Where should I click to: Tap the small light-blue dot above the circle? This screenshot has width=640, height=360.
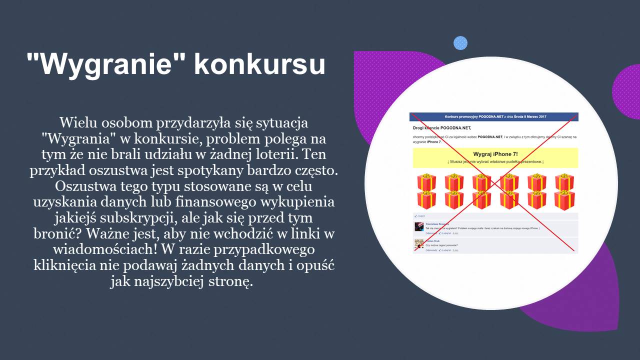click(x=460, y=43)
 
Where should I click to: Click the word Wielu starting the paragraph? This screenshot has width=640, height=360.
click(x=76, y=122)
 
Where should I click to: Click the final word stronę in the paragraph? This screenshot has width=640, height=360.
click(x=231, y=281)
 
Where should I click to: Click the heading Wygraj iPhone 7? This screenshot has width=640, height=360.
click(x=495, y=154)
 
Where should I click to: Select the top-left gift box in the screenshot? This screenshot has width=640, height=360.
click(x=426, y=182)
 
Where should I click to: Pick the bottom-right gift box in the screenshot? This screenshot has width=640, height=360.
click(x=564, y=199)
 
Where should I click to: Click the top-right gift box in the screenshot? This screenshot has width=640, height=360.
click(x=564, y=182)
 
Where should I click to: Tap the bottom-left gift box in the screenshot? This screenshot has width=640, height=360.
click(x=426, y=199)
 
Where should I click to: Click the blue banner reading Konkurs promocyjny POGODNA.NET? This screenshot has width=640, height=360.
click(x=494, y=116)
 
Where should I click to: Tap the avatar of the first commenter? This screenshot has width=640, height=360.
click(x=419, y=226)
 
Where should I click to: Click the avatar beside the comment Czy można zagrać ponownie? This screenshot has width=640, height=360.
click(x=419, y=244)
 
